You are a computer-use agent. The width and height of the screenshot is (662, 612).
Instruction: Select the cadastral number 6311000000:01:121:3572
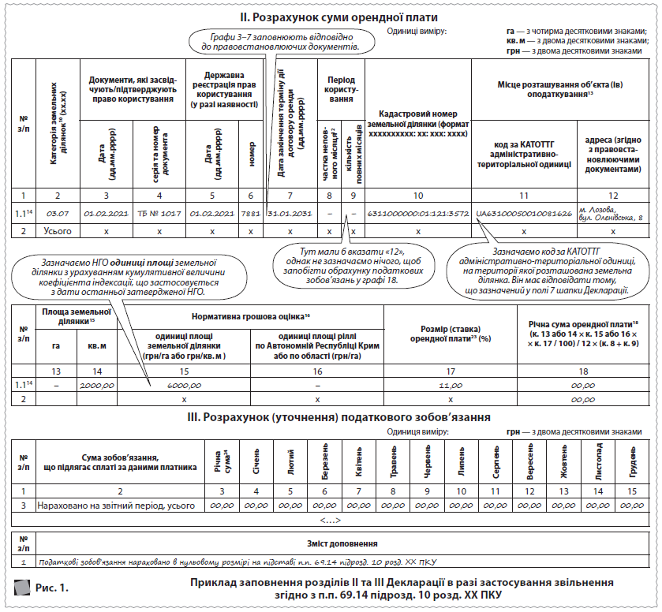(x=418, y=214)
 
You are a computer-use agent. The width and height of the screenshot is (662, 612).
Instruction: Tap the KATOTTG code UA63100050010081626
(x=524, y=214)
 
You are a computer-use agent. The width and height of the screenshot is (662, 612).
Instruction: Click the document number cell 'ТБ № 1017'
(x=159, y=214)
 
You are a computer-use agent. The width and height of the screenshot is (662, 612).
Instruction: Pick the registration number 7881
(x=251, y=214)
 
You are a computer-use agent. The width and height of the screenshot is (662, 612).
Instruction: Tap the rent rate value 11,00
(x=451, y=385)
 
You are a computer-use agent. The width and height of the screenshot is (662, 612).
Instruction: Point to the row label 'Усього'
(x=58, y=231)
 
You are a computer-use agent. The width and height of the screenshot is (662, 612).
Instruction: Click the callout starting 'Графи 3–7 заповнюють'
(x=275, y=42)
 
